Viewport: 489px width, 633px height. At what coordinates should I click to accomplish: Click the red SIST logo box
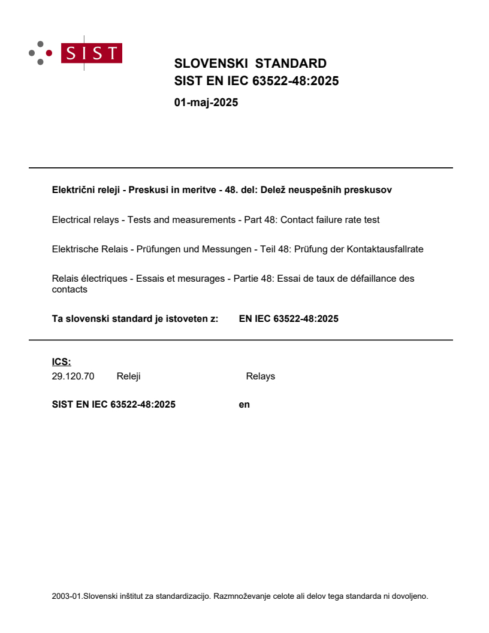[x=93, y=53]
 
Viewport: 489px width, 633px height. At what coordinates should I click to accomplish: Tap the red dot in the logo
[x=49, y=53]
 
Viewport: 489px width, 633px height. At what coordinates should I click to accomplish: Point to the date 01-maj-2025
[x=206, y=103]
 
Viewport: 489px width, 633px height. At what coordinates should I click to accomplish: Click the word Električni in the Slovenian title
[x=73, y=190]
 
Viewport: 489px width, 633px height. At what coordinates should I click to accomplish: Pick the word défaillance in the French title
[x=362, y=278]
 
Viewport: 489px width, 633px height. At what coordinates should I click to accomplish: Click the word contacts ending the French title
[x=70, y=290]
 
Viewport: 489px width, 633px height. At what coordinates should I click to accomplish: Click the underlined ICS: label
[x=61, y=361]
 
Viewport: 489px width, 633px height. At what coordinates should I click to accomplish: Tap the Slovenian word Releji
[x=128, y=376]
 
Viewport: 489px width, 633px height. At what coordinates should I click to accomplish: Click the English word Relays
[x=260, y=376]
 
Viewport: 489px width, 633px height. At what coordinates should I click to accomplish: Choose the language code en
[x=244, y=405]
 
